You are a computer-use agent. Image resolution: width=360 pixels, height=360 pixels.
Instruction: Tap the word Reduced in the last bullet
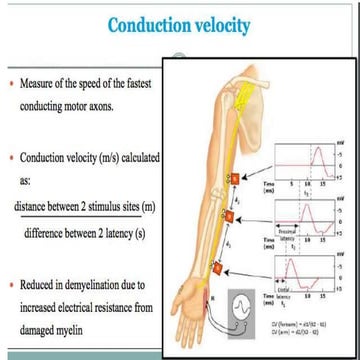point(42,286)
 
